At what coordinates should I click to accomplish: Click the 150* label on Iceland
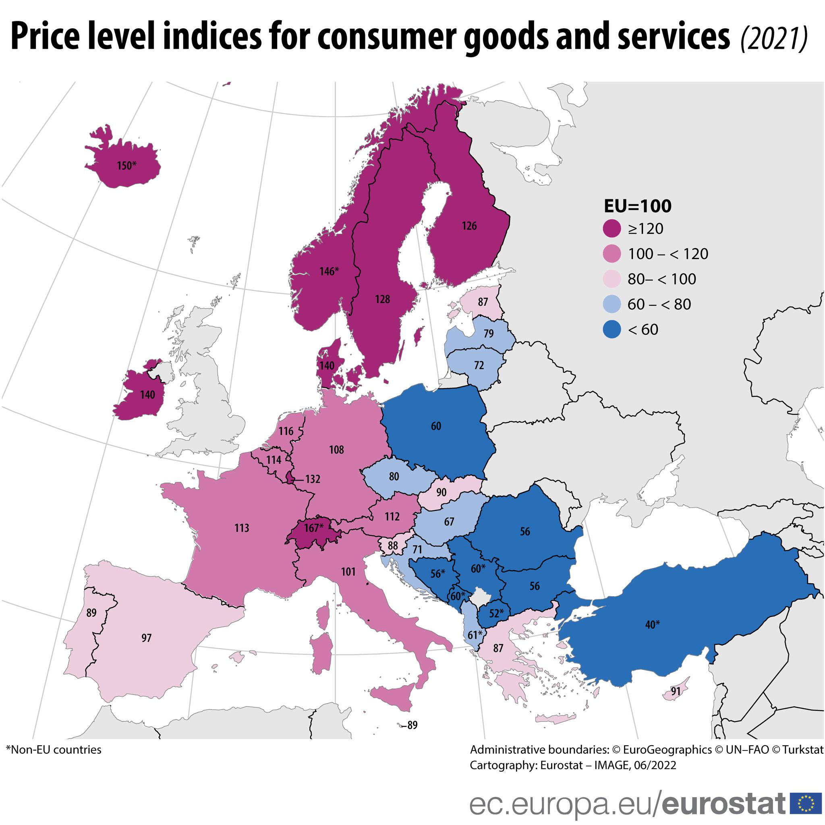(x=127, y=165)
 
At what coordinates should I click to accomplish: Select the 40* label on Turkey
(x=652, y=625)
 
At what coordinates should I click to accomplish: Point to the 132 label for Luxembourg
(x=313, y=479)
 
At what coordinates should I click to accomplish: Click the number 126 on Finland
(x=469, y=226)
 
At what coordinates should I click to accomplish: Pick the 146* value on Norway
(x=329, y=271)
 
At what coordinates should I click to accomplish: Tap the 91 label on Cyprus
(x=676, y=691)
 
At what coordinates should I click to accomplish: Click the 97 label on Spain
(x=147, y=638)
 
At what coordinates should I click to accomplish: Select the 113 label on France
(x=242, y=528)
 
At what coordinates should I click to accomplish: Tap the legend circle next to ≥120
(x=612, y=228)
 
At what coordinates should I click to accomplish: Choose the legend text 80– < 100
(x=661, y=279)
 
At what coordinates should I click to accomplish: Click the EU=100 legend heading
(x=637, y=206)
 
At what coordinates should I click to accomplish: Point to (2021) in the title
(x=774, y=39)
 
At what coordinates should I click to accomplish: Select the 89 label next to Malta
(x=412, y=725)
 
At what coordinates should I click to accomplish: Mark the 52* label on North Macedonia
(x=496, y=613)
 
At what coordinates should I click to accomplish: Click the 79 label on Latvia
(x=489, y=334)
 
